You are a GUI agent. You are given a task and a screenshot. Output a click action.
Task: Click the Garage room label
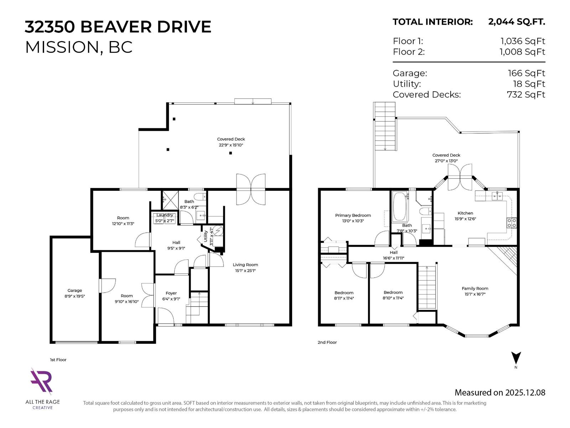[x=75, y=290]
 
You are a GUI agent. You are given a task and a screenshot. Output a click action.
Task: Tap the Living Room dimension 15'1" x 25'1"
[x=245, y=271]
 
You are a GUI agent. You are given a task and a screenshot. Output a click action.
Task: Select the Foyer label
[x=171, y=293]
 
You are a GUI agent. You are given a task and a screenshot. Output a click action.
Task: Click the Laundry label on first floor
[x=165, y=215]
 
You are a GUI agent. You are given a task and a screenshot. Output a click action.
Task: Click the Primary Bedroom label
[x=353, y=215]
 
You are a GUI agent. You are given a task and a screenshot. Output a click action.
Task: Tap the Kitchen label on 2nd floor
[x=465, y=213]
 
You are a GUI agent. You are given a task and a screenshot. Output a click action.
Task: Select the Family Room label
[x=475, y=289]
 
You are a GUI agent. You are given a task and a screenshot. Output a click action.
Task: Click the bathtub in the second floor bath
[x=399, y=207]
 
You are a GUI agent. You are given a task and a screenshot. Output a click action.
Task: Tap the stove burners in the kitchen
[x=512, y=223]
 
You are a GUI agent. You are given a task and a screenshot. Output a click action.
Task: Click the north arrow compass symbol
[x=516, y=358]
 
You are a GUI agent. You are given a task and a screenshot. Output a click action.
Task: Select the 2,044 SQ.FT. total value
[x=517, y=22]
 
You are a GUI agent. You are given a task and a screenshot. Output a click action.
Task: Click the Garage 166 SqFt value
[x=526, y=73]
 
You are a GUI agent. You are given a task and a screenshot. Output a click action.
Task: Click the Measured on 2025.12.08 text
[x=500, y=393]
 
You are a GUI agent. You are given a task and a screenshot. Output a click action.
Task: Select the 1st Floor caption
[x=58, y=360]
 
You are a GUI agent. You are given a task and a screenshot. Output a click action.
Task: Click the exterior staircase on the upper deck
[x=385, y=127]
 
